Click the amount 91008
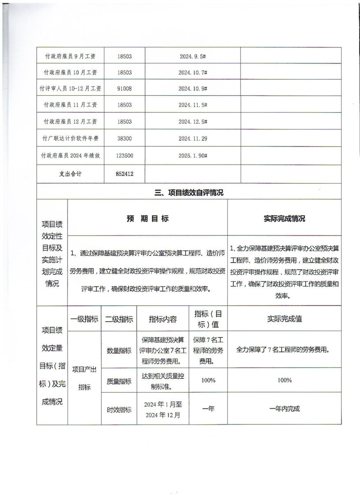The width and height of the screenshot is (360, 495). click(125, 89)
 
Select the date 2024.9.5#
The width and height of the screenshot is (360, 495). click(193, 57)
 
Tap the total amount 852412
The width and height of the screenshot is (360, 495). click(125, 174)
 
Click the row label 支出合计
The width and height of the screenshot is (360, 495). click(71, 174)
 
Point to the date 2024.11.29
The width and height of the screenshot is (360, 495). click(193, 139)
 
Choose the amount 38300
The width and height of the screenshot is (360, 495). click(125, 139)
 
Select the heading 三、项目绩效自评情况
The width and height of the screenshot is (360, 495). click(189, 192)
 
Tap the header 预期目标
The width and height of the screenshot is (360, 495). click(147, 219)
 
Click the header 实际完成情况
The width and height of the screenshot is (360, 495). click(284, 219)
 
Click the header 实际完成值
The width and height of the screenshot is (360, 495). click(284, 319)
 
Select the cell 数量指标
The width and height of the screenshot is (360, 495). click(119, 351)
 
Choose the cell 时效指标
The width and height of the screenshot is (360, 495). click(119, 409)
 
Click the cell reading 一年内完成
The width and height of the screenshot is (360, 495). click(284, 409)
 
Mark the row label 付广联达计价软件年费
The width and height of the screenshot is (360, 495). click(71, 139)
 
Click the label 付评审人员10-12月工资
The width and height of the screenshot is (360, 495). click(71, 89)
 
